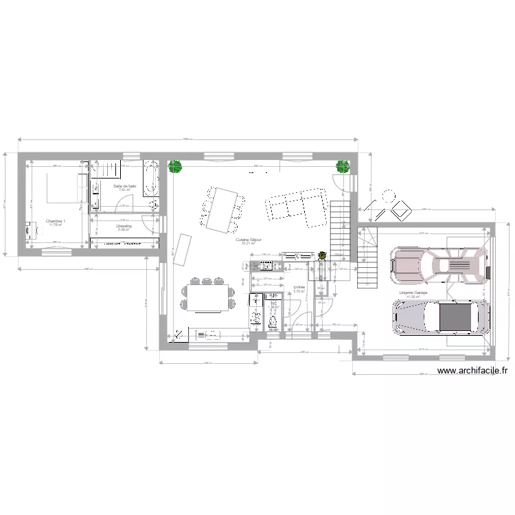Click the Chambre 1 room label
56,221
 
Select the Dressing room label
124,226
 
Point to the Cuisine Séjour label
245,240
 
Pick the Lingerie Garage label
413,293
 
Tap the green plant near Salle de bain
175,166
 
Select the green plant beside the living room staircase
342,165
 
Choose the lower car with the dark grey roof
439,317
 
